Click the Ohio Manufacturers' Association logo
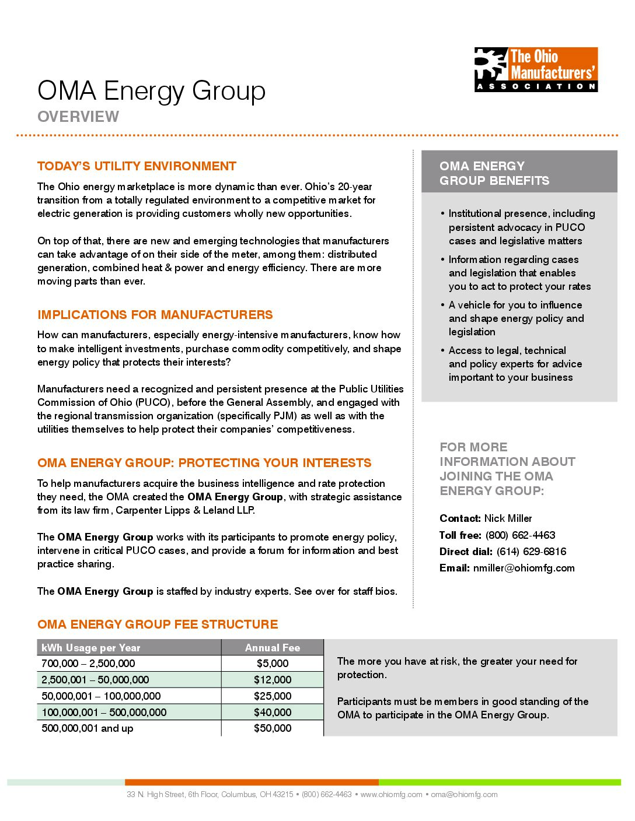pos(536,69)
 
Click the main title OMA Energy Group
pos(151,91)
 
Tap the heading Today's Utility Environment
pos(137,166)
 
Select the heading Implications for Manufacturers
pos(155,315)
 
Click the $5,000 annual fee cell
pos(272,664)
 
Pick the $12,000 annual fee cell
pos(272,680)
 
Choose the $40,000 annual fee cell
pos(272,713)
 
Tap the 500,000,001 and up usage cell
pos(88,728)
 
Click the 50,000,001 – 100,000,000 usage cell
pos(101,696)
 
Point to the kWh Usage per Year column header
pos(91,648)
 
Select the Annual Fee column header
pos(272,648)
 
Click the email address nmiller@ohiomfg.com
pos(524,568)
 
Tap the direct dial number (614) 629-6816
pos(531,552)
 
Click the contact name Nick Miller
pos(508,518)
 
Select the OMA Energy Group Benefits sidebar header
pos(494,173)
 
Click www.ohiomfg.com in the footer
pos(391,794)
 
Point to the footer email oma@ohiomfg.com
pos(464,794)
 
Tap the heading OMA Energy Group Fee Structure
pos(158,624)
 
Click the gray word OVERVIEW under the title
pos(78,117)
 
